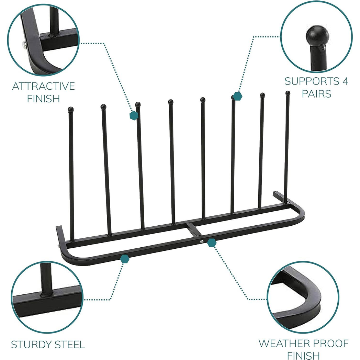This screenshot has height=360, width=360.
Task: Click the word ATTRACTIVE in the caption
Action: coord(43,86)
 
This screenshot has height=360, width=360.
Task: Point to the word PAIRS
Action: coord(316,94)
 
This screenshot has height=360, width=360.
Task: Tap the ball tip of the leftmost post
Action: coord(71,109)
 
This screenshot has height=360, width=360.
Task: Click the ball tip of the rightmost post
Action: coord(288,93)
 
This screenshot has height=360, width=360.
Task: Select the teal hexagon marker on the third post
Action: coord(134,115)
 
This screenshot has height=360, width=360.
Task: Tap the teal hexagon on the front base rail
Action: coord(124,258)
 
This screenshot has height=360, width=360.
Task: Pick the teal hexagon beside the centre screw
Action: coord(212,243)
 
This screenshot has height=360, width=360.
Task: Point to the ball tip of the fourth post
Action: coord(170,102)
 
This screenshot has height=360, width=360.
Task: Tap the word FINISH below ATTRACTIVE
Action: coord(43,99)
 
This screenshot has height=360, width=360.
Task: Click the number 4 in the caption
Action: coord(344,81)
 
